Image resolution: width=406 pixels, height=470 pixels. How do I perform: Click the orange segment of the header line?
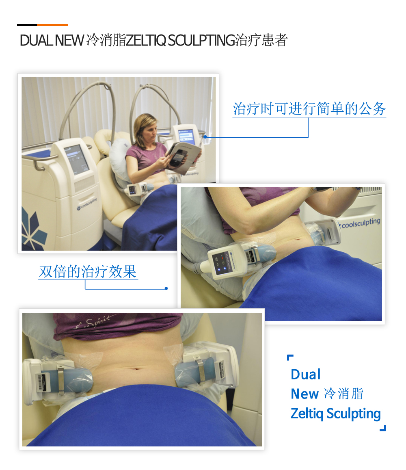(52, 25)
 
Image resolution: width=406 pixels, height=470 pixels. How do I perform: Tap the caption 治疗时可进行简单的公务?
(309, 108)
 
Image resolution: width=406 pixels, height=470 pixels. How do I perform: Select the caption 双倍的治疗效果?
(88, 272)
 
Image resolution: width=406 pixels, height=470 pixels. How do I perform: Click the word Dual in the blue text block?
(306, 375)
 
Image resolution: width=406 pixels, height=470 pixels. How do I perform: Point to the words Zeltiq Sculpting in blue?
(336, 414)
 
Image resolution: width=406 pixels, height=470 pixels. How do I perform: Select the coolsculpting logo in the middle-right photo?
(360, 223)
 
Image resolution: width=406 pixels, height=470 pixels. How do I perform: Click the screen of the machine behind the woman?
(187, 137)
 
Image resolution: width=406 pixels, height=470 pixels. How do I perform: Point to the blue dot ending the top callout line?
(205, 137)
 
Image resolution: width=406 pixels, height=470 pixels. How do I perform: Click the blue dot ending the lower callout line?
(166, 288)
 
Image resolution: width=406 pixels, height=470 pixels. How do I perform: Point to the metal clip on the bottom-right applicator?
(200, 372)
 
